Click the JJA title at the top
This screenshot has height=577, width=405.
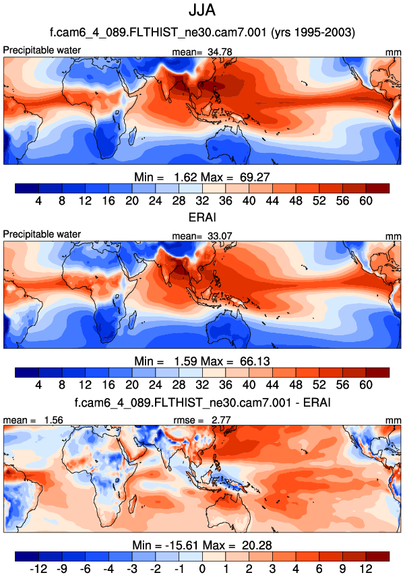tap(202, 11)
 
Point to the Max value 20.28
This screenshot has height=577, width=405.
tap(257, 545)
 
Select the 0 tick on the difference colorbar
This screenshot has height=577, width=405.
tap(203, 569)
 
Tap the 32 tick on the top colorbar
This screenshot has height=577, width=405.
tap(203, 199)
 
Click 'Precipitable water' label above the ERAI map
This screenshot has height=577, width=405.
tap(42, 234)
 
